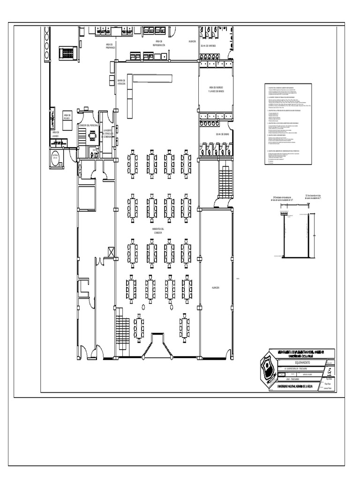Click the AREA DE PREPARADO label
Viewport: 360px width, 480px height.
point(111,45)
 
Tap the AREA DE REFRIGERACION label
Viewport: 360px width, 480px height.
point(158,43)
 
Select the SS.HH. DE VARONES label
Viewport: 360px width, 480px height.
point(209,46)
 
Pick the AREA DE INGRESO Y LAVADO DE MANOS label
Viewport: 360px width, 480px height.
point(216,89)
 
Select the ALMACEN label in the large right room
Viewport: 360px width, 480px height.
point(216,287)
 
